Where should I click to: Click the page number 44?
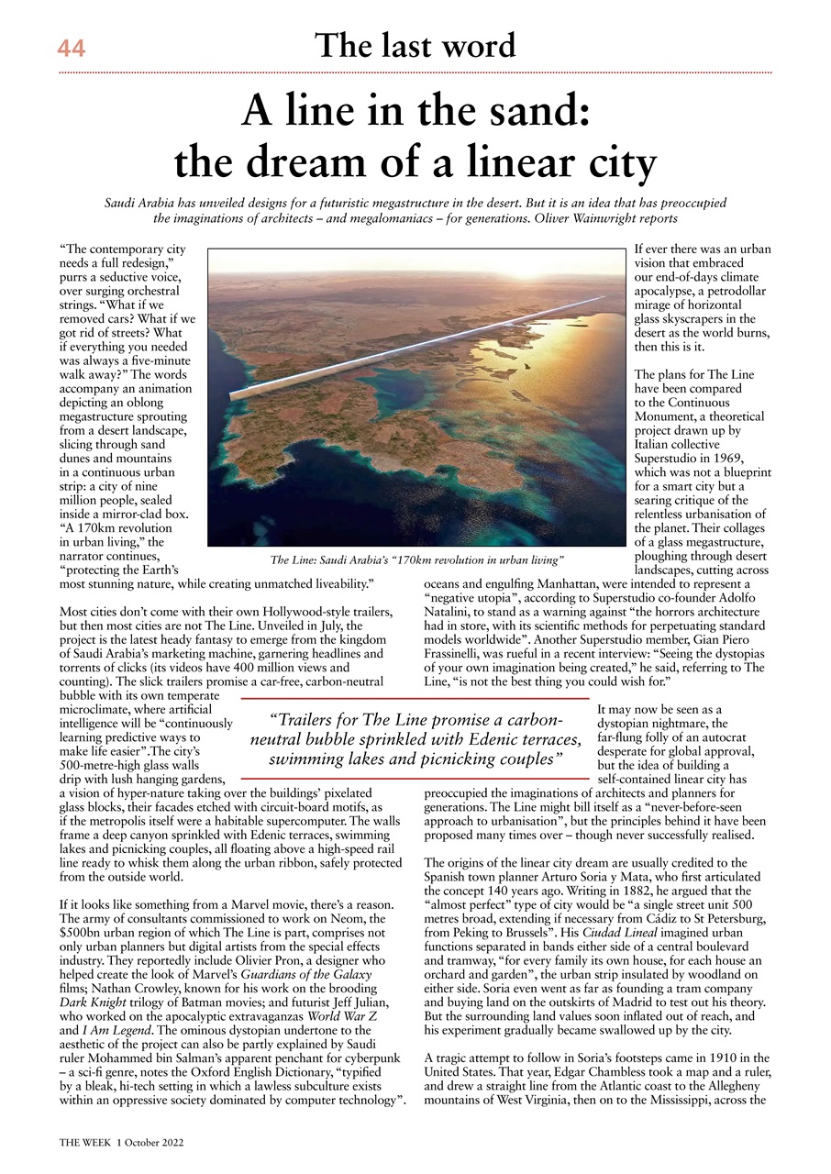tap(72, 48)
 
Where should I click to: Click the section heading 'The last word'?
tap(415, 45)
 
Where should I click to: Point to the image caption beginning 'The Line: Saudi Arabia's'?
tap(415, 559)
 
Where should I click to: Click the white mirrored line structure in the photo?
tap(413, 349)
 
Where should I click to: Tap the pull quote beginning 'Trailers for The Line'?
tap(415, 740)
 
